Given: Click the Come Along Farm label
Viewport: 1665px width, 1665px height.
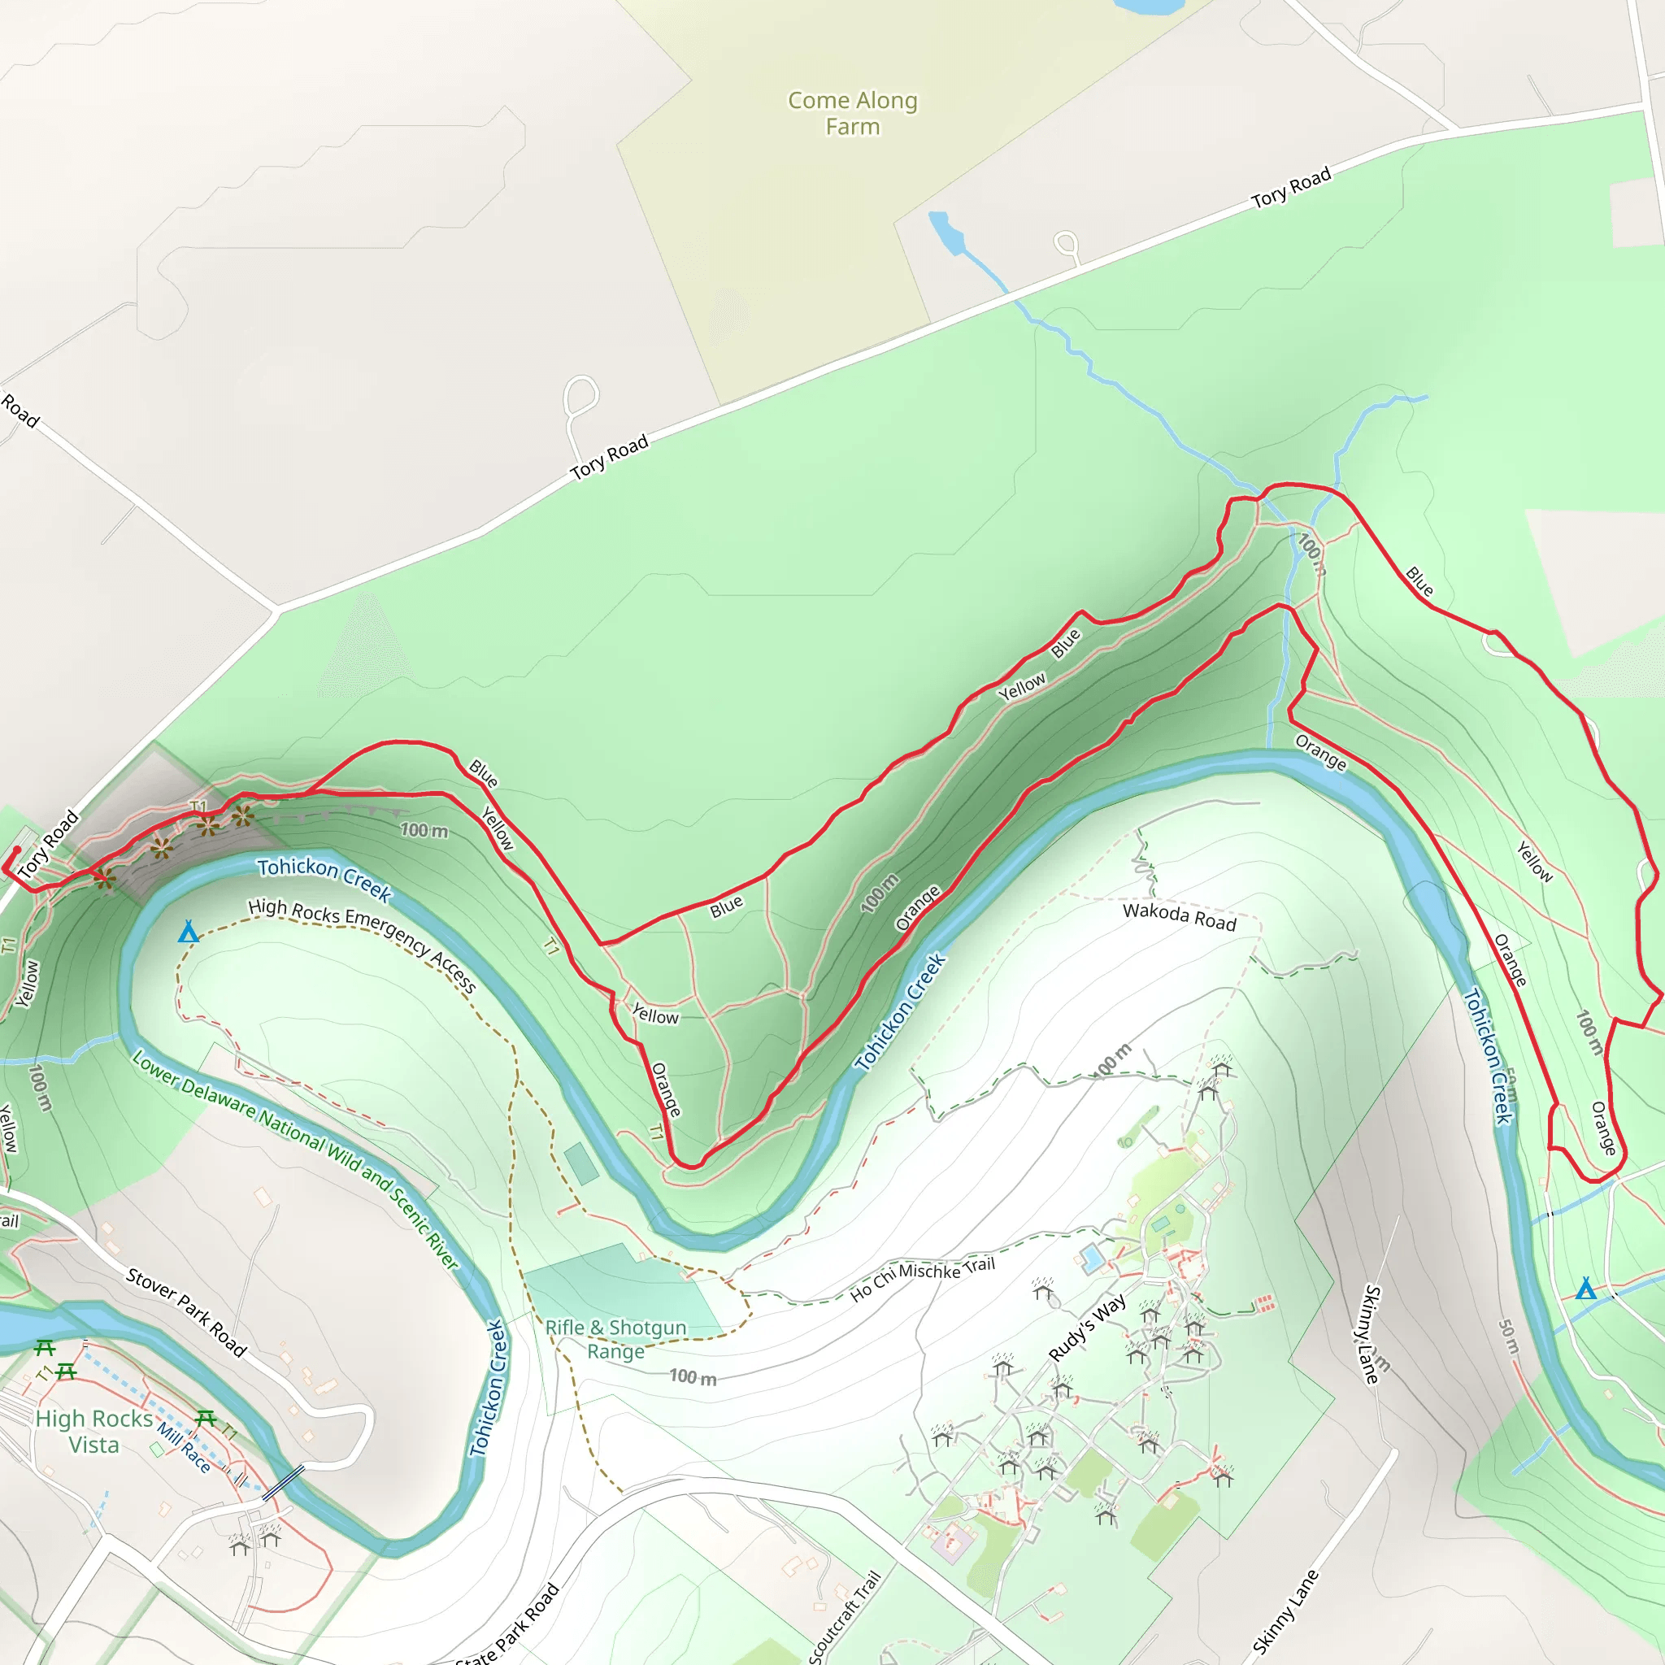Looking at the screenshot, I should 852,113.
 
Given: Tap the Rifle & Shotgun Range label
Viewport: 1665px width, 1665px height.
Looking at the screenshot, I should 615,1339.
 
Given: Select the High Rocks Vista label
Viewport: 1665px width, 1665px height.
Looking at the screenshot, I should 94,1432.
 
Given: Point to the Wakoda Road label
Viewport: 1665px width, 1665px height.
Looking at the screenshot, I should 1179,917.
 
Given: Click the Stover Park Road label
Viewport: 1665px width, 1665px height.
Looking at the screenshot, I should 186,1312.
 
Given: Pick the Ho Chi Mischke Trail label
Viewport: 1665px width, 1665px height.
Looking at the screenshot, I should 922,1279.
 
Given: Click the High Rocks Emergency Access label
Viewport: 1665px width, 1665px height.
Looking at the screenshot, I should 362,946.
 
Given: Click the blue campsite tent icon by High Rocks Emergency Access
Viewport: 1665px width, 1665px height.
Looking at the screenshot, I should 188,932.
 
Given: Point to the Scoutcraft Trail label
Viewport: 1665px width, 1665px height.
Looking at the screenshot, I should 846,1616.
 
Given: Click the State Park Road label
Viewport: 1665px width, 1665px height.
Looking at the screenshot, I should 508,1628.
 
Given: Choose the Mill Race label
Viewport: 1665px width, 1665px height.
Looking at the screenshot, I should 184,1447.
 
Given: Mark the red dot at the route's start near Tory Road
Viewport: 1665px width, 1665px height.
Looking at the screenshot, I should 16,850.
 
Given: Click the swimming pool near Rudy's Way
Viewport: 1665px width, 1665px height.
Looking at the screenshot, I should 1092,1259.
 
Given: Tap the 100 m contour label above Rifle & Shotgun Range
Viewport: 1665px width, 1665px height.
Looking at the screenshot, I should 693,1377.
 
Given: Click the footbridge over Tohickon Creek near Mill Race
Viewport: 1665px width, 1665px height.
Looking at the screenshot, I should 284,1482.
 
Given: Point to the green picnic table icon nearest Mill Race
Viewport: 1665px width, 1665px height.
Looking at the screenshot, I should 205,1418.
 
